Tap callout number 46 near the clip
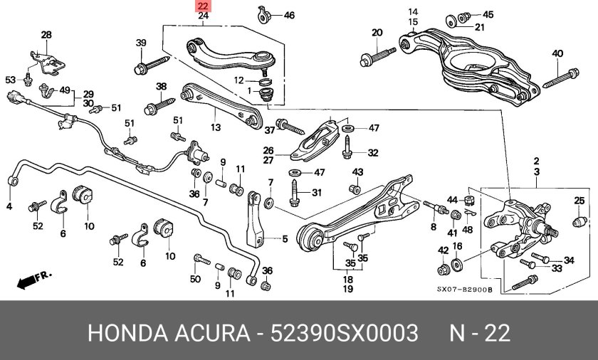[x=288, y=15]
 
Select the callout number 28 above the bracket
[x=46, y=35]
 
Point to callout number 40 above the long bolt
[x=557, y=53]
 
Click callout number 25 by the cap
[x=579, y=201]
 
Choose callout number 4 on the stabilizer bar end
[x=10, y=207]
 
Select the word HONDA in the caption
[x=125, y=334]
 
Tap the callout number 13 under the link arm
[x=216, y=128]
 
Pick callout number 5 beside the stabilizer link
[x=284, y=239]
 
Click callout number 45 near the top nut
[x=488, y=14]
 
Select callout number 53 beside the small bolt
[x=10, y=79]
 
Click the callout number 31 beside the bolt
[x=316, y=192]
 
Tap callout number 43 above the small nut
[x=357, y=172]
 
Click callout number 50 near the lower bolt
[x=195, y=279]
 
